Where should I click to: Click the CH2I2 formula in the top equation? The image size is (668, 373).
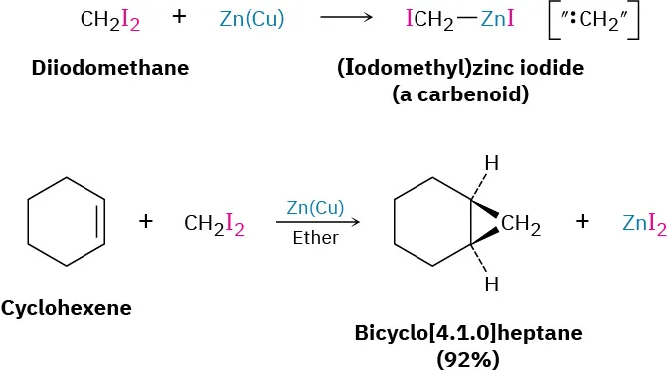coord(111,19)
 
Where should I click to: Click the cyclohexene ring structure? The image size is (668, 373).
coord(66,221)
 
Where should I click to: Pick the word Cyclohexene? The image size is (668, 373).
coord(67,308)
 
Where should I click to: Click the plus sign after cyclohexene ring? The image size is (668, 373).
coord(146,221)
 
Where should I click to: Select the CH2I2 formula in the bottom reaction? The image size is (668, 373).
coord(215,224)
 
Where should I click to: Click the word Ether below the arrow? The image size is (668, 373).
coord(315,238)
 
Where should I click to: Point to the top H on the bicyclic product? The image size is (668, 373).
coord(490,161)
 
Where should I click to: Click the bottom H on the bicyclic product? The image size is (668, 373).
coord(490,285)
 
